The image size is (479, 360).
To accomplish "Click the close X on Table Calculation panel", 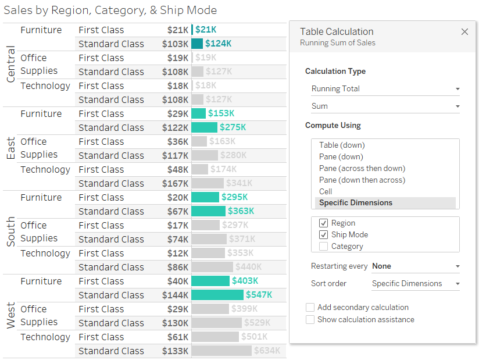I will coord(464,32).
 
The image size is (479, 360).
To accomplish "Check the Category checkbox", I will coord(323,246).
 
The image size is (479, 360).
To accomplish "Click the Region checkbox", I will coord(323,223).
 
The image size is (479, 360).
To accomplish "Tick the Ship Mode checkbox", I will coord(323,234).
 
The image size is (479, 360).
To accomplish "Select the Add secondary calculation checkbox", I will coord(310,307).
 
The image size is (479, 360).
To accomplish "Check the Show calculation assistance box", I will coord(310,319).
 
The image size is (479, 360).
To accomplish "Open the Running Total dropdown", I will coord(385,89).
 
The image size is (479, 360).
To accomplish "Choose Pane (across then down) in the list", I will coord(362,168).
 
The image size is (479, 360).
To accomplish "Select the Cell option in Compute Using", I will coord(326,191).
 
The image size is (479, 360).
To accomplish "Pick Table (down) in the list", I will coord(342,145).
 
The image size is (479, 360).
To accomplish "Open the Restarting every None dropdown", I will coord(415,266).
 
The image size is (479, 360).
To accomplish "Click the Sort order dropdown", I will coord(415,284).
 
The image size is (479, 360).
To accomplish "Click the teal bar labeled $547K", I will coord(217,295).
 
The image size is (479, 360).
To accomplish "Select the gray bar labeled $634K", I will coord(221,351).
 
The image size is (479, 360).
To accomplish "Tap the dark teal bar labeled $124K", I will coord(197,44).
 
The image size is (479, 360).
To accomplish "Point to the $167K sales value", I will coord(177,183).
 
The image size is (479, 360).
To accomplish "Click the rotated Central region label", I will coord(10,65).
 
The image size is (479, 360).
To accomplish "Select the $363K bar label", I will coord(241,211).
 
